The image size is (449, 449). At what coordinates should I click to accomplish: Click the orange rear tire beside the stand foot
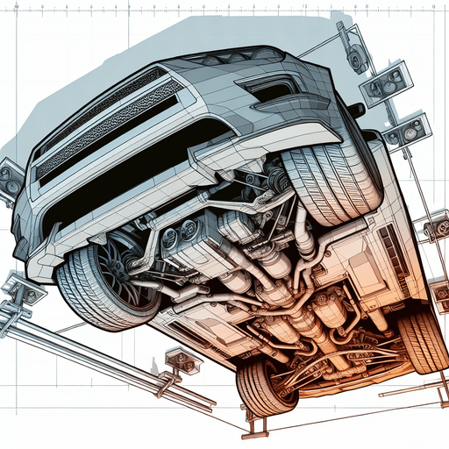pos(263,386)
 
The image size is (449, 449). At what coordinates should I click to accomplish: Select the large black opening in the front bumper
pos(132,180)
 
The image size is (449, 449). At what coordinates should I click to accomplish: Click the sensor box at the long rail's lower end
pos(175,361)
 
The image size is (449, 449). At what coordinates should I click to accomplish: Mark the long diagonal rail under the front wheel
pos(105,351)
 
